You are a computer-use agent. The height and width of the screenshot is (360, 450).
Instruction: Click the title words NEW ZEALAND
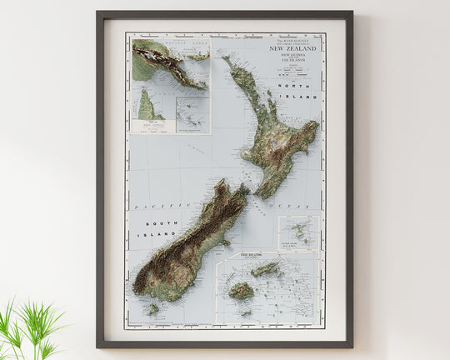[292, 49]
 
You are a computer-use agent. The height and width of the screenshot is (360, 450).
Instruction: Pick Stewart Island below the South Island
[152, 309]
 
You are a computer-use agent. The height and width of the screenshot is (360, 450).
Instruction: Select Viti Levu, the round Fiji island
[242, 291]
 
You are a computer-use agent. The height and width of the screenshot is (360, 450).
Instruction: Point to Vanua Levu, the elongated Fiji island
[266, 269]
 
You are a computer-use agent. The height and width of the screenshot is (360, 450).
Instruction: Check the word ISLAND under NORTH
[304, 98]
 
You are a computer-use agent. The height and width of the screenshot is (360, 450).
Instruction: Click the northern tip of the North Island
[225, 57]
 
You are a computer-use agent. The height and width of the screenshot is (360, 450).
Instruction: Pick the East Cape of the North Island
[317, 124]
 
